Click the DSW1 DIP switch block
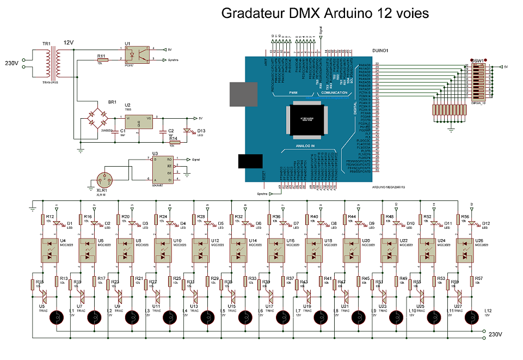482,81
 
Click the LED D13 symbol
188,131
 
